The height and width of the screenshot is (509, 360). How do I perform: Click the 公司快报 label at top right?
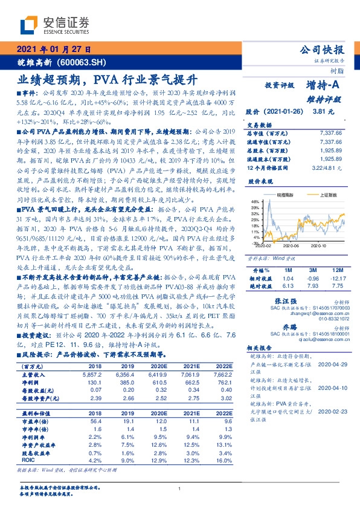tap(321, 50)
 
